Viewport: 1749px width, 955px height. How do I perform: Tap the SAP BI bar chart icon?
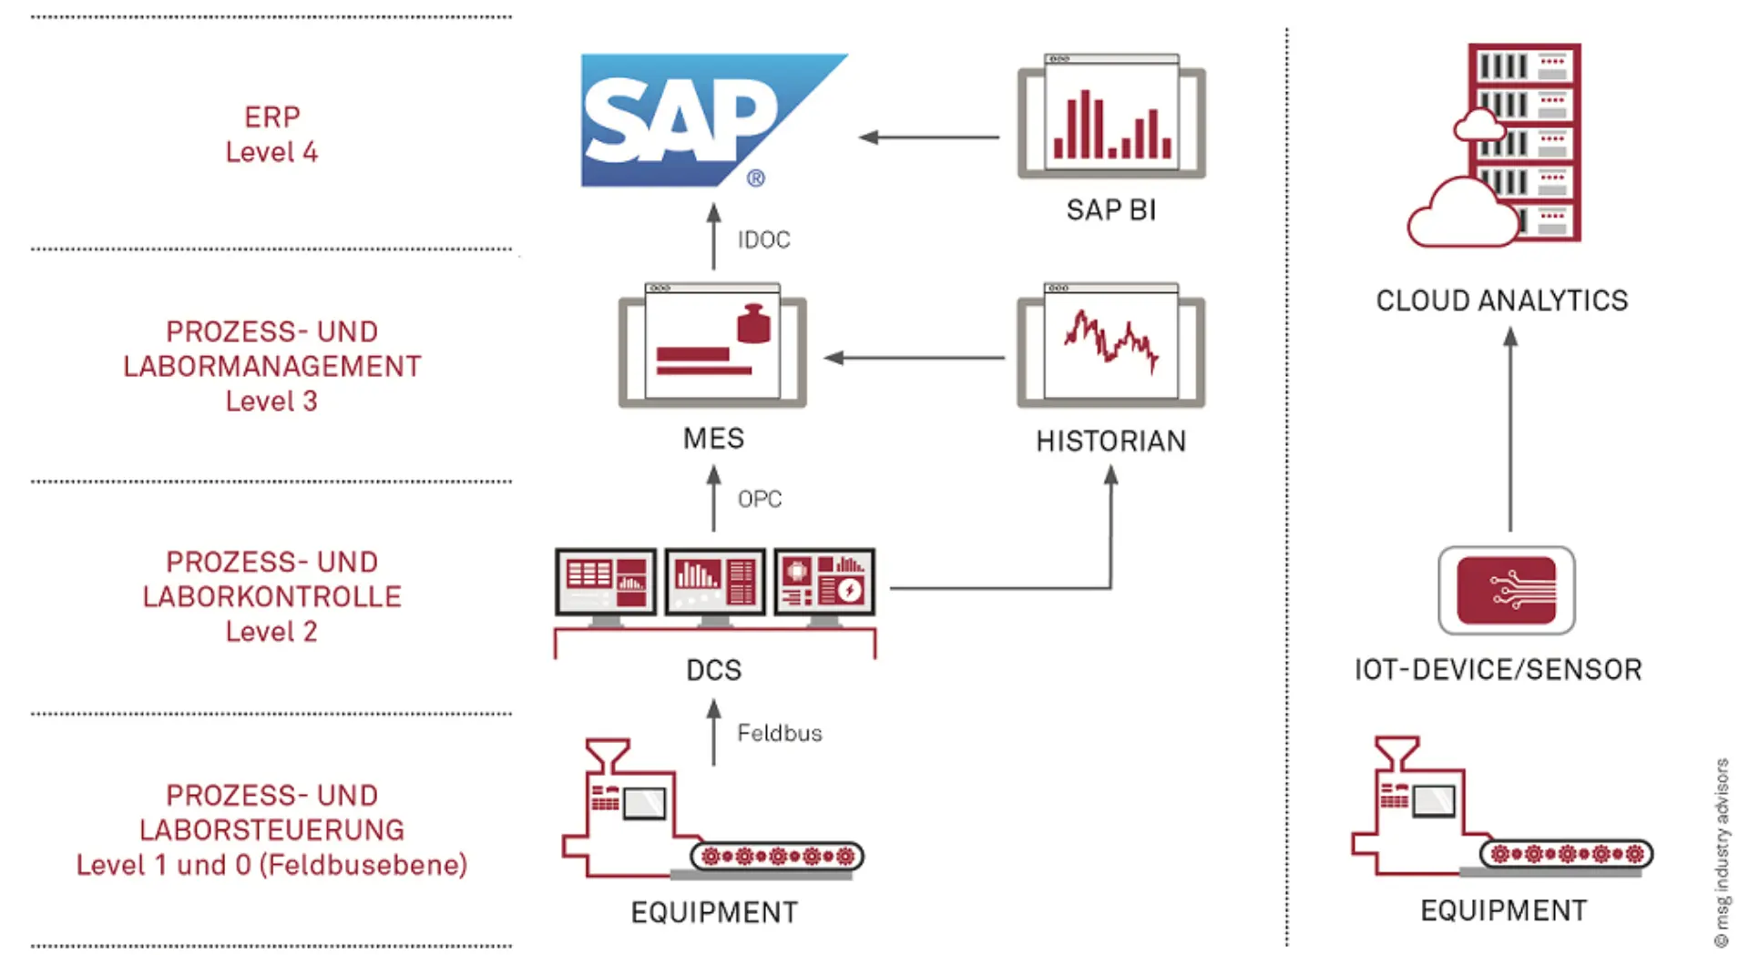(x=1111, y=117)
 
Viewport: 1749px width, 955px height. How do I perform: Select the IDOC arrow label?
(x=763, y=239)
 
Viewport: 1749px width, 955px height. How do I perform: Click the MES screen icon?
(x=712, y=345)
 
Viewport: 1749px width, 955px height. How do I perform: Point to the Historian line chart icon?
(x=1111, y=345)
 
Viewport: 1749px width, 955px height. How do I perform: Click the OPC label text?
(x=759, y=499)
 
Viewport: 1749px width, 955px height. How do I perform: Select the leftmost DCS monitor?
(x=606, y=583)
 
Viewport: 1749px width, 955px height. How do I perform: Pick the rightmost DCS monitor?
(x=824, y=583)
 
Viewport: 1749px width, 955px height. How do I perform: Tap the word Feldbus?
(x=779, y=733)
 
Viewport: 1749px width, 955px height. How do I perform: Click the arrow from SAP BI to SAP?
(x=929, y=137)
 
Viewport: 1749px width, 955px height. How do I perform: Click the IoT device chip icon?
(x=1507, y=590)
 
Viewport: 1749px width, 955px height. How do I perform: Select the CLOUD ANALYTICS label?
(x=1501, y=300)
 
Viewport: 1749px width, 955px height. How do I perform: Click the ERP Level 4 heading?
(x=271, y=135)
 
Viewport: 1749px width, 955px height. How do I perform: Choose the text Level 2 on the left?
(x=271, y=631)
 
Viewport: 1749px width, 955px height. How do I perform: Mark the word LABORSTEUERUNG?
(x=271, y=829)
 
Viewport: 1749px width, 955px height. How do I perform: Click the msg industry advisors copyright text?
(x=1721, y=852)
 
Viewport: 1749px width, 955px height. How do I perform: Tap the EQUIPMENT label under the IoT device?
(x=1503, y=910)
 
